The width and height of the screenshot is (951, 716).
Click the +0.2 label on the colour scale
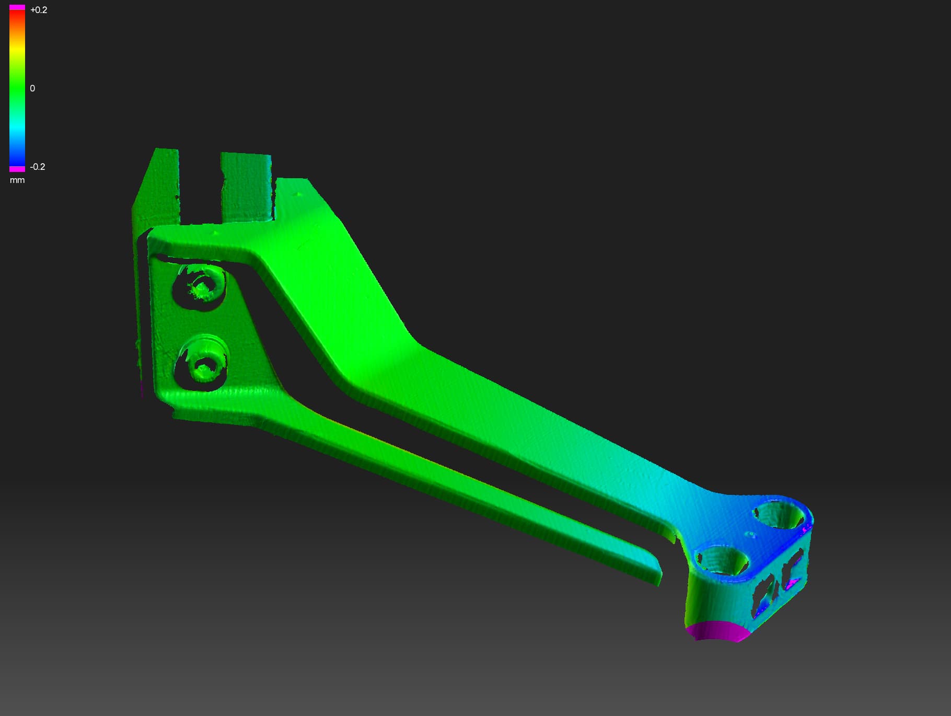click(x=38, y=10)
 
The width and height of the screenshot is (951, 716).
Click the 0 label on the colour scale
click(x=32, y=88)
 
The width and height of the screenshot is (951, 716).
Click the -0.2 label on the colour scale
click(x=38, y=167)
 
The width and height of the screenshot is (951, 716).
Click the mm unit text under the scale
click(x=17, y=180)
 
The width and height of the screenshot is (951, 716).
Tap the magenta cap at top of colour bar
click(x=17, y=7)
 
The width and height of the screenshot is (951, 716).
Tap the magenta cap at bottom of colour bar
click(x=17, y=169)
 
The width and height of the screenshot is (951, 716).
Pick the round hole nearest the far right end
click(x=780, y=515)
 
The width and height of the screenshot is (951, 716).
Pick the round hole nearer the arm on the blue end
click(x=722, y=560)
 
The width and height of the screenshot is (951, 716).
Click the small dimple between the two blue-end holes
click(x=750, y=535)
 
